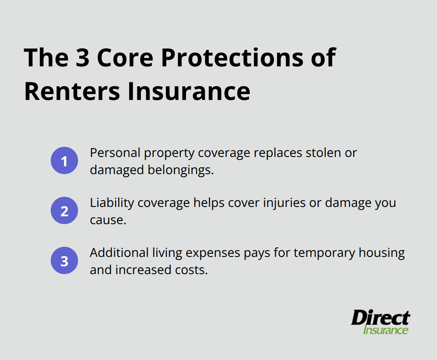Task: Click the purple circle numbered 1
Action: (x=64, y=160)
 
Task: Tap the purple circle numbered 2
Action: (x=64, y=210)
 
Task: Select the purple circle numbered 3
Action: (x=64, y=260)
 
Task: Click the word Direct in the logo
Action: (x=380, y=318)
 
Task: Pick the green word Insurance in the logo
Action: (x=385, y=330)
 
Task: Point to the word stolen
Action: (x=322, y=153)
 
